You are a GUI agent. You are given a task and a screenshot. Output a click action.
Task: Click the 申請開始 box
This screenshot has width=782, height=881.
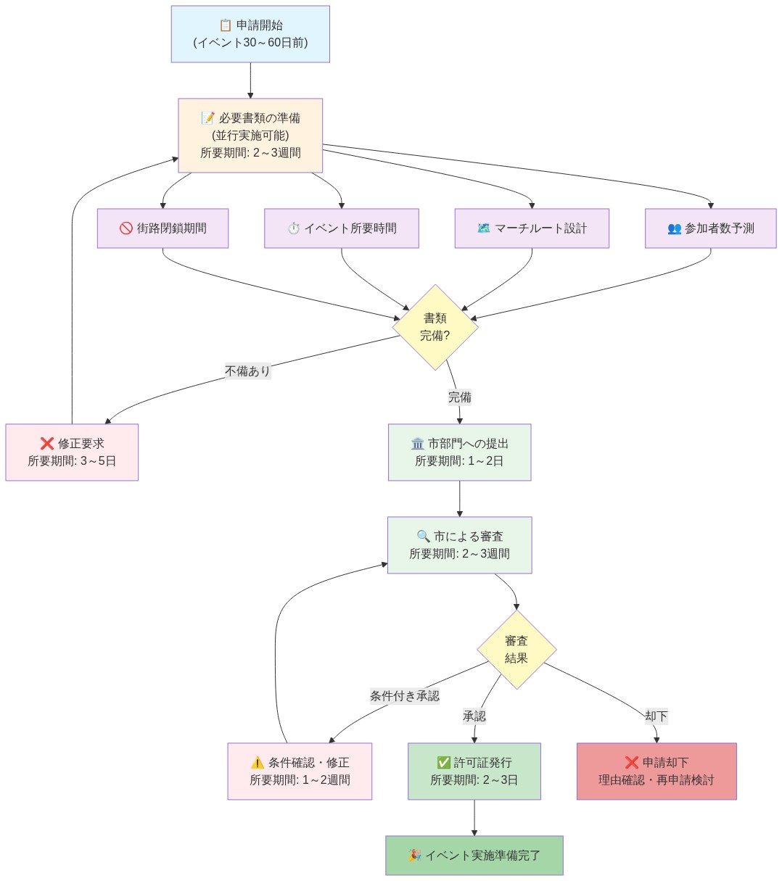pyautogui.click(x=250, y=34)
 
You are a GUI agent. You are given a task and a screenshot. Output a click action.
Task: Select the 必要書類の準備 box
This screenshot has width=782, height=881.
pyautogui.click(x=250, y=136)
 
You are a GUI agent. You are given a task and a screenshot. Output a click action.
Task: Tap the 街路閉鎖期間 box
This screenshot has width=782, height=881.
pyautogui.click(x=162, y=228)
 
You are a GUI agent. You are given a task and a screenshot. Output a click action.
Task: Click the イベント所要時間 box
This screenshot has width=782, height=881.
pyautogui.click(x=341, y=228)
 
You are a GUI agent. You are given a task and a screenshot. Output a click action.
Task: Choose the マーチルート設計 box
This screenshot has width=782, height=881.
pyautogui.click(x=532, y=228)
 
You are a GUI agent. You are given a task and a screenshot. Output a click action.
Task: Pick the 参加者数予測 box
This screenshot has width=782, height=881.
pyautogui.click(x=710, y=228)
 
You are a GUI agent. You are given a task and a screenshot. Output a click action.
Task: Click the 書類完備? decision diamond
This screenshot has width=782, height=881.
pyautogui.click(x=435, y=327)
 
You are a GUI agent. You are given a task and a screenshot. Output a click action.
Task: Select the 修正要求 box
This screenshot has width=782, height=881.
pyautogui.click(x=72, y=452)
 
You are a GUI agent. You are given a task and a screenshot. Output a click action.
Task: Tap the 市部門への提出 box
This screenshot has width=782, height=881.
pyautogui.click(x=459, y=452)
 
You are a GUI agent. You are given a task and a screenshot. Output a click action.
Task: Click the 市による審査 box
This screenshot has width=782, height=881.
pyautogui.click(x=459, y=545)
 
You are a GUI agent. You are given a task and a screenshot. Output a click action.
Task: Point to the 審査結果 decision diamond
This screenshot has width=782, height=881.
pyautogui.click(x=516, y=650)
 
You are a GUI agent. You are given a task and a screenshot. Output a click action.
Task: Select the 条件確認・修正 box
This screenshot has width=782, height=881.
pyautogui.click(x=300, y=772)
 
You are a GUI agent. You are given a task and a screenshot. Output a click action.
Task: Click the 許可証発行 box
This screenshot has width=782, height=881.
pyautogui.click(x=474, y=772)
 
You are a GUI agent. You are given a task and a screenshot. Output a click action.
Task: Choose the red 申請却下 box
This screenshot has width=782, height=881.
pyautogui.click(x=657, y=772)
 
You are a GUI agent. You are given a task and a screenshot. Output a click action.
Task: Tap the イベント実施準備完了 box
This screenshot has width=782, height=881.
pyautogui.click(x=474, y=856)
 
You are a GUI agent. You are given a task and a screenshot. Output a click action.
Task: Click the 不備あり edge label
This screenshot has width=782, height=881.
pyautogui.click(x=247, y=371)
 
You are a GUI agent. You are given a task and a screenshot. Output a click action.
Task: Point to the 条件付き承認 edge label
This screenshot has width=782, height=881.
pyautogui.click(x=404, y=696)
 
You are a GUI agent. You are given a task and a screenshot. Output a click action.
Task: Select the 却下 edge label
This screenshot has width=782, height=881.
pyautogui.click(x=656, y=716)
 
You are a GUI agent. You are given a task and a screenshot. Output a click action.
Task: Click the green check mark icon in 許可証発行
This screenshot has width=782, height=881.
pyautogui.click(x=443, y=763)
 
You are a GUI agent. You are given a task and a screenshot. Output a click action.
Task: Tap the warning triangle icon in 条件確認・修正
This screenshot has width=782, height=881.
pyautogui.click(x=257, y=763)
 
